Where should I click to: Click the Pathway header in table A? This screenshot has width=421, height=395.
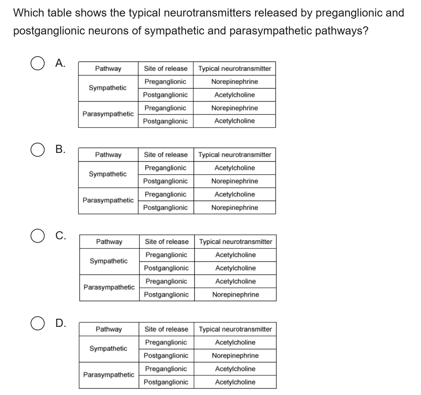coord(108,69)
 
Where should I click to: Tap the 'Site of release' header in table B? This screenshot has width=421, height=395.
coord(166,155)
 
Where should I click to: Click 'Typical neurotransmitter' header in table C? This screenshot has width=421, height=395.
coord(235,242)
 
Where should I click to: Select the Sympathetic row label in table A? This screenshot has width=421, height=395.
coord(108,88)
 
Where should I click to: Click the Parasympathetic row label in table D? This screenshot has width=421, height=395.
coord(109,375)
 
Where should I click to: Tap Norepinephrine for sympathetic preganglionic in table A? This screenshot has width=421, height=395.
coord(234,82)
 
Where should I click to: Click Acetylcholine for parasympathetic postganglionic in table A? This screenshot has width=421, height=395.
coord(234,121)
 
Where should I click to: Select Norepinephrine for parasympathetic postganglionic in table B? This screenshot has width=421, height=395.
coord(234,208)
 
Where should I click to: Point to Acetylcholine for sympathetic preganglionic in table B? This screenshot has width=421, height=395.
coord(234,168)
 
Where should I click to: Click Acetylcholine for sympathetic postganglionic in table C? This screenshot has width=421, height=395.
coord(235,268)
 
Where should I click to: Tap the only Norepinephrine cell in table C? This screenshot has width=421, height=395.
coord(235,294)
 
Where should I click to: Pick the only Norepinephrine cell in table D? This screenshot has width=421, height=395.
coord(235,356)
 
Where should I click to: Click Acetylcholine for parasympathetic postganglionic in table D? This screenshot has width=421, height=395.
coord(235,382)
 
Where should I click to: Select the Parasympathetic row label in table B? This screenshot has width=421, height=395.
coord(108,200)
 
